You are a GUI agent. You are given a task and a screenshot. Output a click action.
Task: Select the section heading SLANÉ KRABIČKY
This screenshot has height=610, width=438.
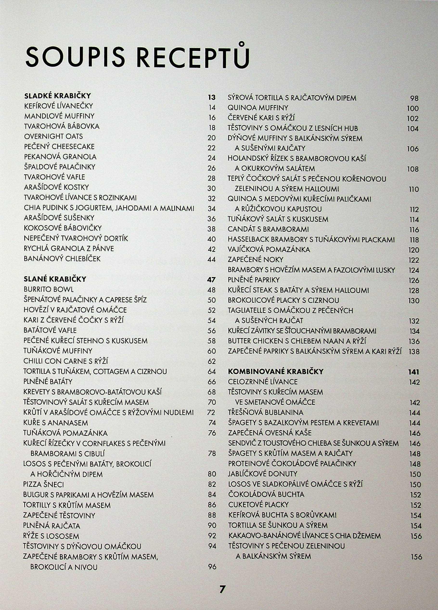(55, 279)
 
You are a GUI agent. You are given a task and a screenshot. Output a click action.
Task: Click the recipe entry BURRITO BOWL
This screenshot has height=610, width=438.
(49, 289)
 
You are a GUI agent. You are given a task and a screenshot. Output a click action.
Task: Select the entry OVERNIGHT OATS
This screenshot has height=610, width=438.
(53, 136)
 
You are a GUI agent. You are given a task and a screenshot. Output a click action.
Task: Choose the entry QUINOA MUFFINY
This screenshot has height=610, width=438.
(258, 108)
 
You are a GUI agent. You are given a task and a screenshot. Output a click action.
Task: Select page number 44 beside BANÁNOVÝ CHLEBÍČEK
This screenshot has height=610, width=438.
(212, 259)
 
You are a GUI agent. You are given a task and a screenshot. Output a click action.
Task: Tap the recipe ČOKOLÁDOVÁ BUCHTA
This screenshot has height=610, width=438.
(266, 494)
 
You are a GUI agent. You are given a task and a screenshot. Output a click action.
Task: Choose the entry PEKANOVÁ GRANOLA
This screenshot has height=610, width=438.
(60, 157)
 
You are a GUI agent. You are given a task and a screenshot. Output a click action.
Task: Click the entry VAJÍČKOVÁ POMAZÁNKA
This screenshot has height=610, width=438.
(269, 250)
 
